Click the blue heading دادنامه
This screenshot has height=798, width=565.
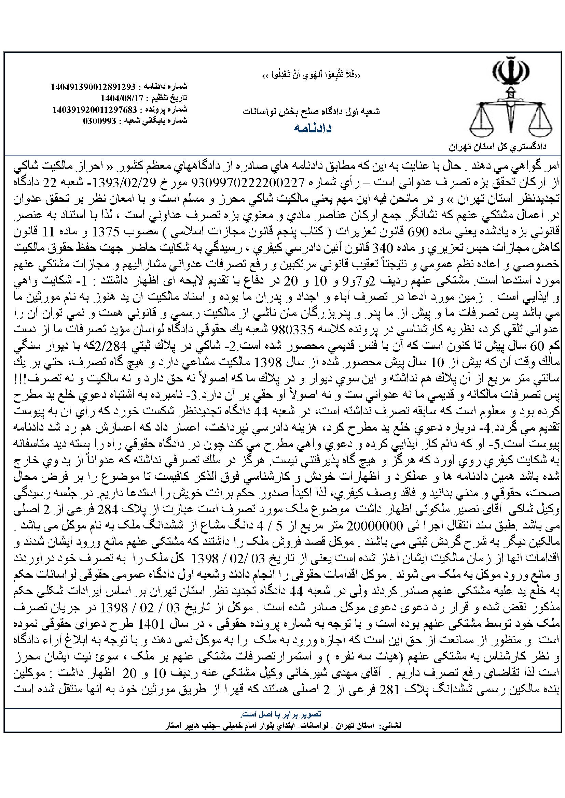[x=313, y=128]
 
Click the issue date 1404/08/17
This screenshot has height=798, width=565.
[x=121, y=98]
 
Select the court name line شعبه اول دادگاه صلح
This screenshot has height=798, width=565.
[x=312, y=112]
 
